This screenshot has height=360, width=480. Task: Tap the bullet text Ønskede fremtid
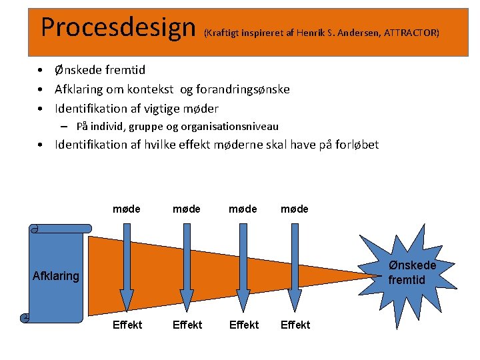(x=100, y=70)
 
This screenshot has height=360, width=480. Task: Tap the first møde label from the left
(x=127, y=209)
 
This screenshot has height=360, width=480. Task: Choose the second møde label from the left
(x=187, y=209)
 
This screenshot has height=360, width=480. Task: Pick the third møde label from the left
(x=243, y=209)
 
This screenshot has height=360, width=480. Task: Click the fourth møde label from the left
(x=295, y=209)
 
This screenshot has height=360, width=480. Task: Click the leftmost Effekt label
(x=127, y=325)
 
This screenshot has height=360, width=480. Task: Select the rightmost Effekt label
(x=295, y=325)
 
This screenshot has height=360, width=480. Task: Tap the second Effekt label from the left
(x=187, y=325)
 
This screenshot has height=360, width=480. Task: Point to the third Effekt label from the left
(x=243, y=325)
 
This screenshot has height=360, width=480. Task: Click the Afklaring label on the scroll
(x=56, y=275)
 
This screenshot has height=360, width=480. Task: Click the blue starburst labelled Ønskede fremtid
(x=412, y=272)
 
